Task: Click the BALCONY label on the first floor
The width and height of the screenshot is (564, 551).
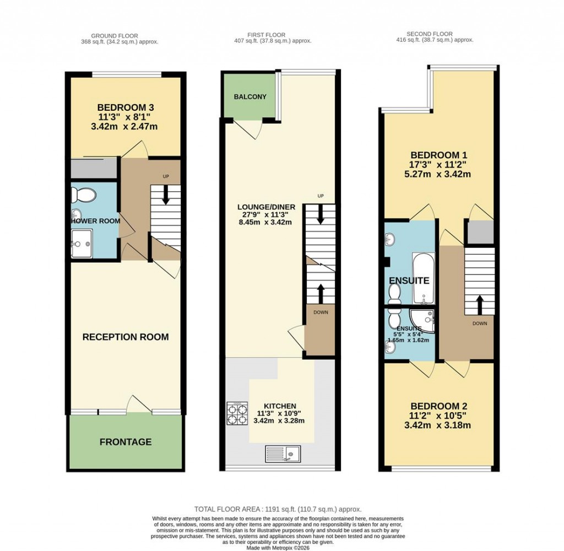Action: click(250, 96)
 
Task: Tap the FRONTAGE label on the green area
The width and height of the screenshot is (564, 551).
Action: click(126, 442)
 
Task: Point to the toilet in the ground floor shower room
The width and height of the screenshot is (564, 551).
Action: click(84, 194)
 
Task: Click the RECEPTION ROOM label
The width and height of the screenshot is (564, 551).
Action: click(126, 337)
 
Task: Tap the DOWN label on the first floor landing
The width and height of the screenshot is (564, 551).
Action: click(319, 312)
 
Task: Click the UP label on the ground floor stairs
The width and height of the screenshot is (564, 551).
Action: click(165, 176)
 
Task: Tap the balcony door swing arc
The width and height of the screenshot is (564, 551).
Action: click(251, 129)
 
